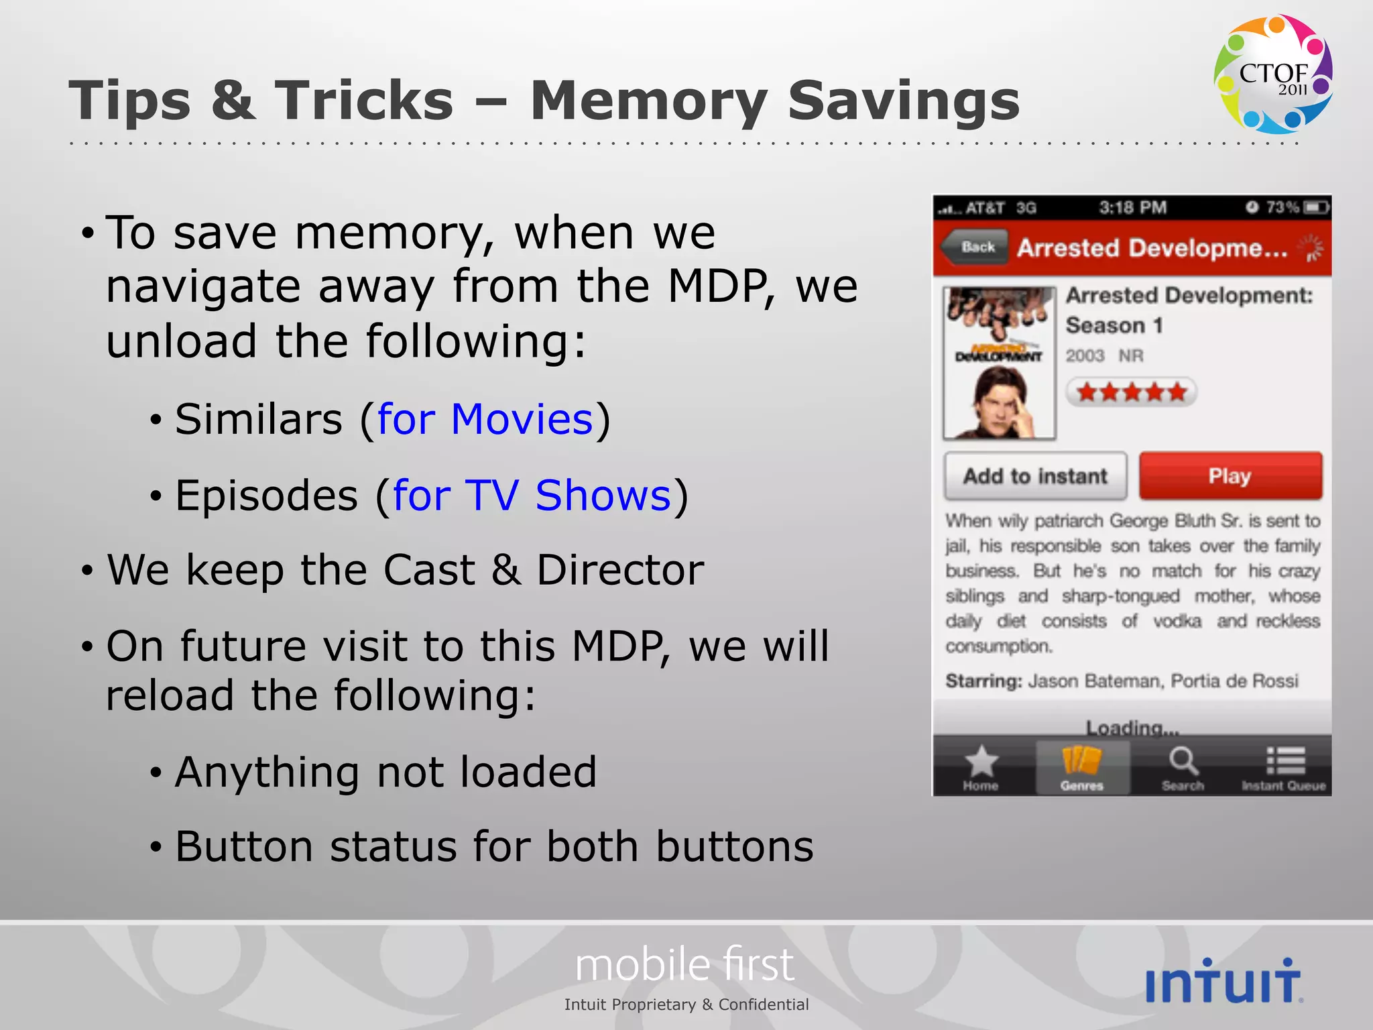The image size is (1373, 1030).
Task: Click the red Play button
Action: (x=1230, y=476)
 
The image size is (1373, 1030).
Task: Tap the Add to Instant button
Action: (x=1035, y=476)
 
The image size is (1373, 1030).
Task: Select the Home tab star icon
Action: (x=981, y=762)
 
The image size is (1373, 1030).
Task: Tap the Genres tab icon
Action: (x=1081, y=762)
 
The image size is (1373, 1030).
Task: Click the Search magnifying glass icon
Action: (x=1183, y=762)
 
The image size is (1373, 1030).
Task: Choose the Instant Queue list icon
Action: (x=1285, y=762)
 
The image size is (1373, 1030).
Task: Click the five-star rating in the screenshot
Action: (x=1131, y=392)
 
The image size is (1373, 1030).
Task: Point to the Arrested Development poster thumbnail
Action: (x=999, y=363)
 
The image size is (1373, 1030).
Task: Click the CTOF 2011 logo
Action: (x=1273, y=74)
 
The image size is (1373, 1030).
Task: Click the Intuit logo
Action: (x=1223, y=981)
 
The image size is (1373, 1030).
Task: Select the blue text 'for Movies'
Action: (x=485, y=420)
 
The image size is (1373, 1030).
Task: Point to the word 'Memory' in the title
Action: (x=648, y=101)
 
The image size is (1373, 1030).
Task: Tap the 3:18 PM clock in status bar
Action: (x=1133, y=208)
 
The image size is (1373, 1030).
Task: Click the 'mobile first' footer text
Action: (x=684, y=965)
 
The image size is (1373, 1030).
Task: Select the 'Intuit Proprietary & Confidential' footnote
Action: (x=686, y=1005)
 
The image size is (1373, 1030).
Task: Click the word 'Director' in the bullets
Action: (x=620, y=571)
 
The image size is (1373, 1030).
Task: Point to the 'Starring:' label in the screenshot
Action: (x=983, y=681)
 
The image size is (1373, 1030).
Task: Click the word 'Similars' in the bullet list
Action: (x=259, y=420)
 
